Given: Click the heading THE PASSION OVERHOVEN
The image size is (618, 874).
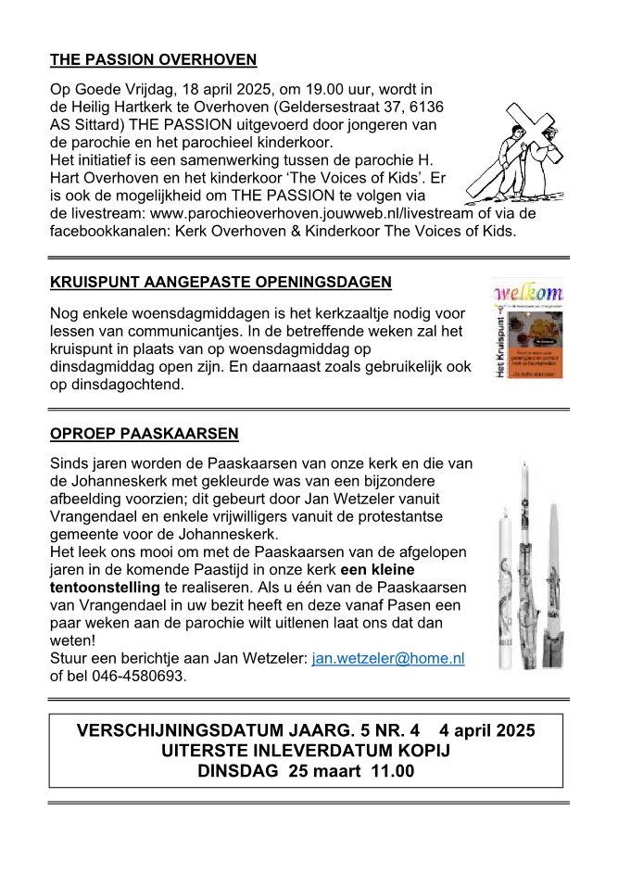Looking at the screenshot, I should (x=153, y=60).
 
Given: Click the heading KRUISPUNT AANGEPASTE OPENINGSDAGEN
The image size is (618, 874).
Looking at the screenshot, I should (x=221, y=282).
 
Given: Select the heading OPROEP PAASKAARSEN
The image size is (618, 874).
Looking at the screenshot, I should (x=144, y=433).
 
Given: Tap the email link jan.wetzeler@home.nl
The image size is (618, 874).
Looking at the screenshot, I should (x=388, y=658).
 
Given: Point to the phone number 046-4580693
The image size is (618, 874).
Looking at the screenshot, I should (x=130, y=676).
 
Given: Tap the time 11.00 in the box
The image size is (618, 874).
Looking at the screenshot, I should (x=393, y=770).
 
